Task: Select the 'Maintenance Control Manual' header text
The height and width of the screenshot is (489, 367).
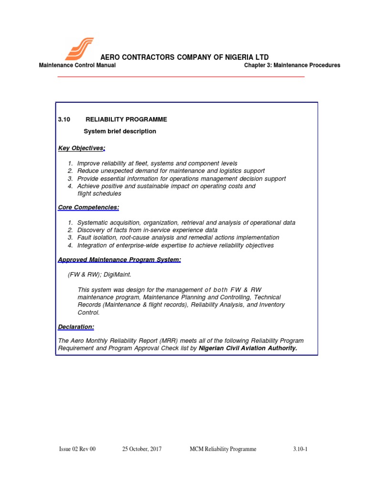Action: tap(77, 65)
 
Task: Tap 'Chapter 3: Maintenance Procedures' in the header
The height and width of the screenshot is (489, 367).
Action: tap(292, 65)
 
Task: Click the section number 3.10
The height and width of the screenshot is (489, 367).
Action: tap(64, 119)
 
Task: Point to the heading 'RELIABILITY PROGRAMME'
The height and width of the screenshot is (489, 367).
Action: tap(126, 119)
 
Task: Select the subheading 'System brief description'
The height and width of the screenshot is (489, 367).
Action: tap(120, 131)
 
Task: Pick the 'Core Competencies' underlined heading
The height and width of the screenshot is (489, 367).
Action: tap(88, 207)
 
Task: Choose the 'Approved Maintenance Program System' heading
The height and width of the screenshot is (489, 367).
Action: tap(119, 259)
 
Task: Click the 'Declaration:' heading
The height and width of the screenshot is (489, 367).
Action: tap(76, 327)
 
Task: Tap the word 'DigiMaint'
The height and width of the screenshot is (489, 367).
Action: tap(118, 275)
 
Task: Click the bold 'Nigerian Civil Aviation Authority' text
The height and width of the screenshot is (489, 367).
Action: tap(248, 349)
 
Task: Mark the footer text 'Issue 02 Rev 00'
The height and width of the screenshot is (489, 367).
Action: tap(77, 449)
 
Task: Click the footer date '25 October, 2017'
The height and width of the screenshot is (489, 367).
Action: tap(142, 449)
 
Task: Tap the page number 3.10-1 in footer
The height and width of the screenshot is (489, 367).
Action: tap(300, 449)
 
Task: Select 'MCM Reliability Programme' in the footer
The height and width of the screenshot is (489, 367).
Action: tap(223, 449)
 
